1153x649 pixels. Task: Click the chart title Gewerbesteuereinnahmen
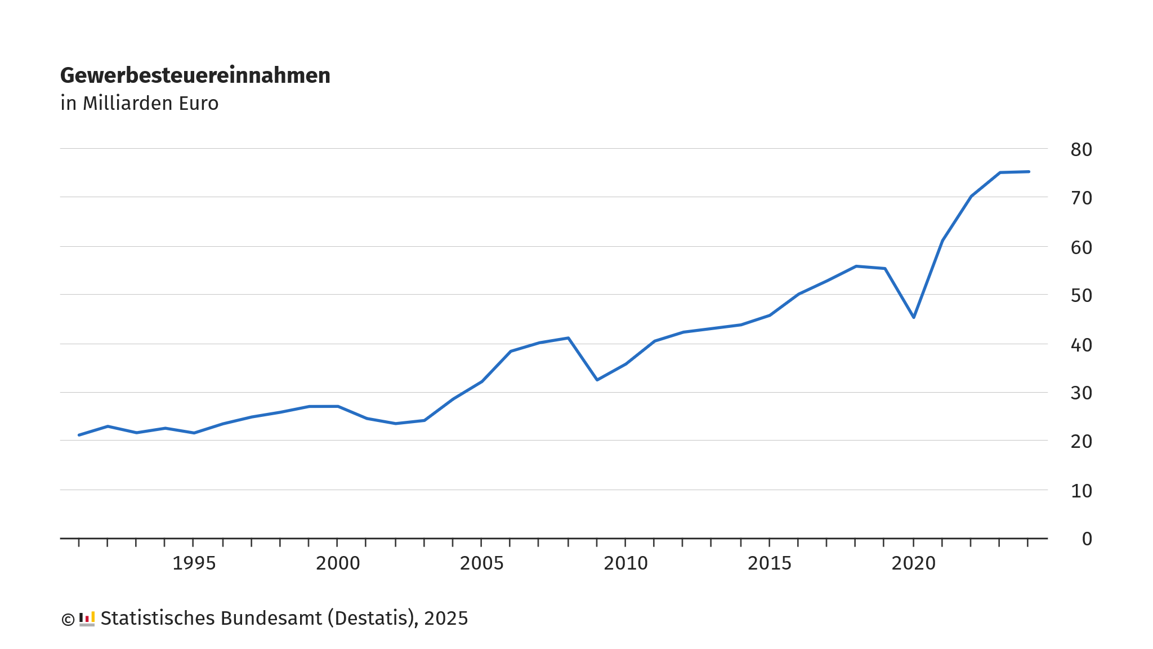click(195, 75)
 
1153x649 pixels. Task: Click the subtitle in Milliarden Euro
click(139, 104)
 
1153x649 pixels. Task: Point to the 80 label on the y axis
click(1081, 150)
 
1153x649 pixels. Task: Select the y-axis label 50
click(1081, 296)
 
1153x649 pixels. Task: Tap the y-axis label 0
click(1087, 539)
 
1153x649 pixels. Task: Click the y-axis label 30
click(1081, 393)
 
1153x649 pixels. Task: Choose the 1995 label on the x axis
click(194, 563)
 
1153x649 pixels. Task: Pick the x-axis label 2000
click(338, 563)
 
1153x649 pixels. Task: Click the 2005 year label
click(481, 563)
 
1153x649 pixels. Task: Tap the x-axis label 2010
click(625, 563)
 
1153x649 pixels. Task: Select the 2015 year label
click(769, 563)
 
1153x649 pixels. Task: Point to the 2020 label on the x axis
click(913, 563)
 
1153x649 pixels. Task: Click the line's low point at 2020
click(914, 317)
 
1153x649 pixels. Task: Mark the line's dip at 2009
click(597, 380)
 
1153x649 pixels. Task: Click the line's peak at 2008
click(569, 338)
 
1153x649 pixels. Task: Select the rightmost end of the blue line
click(1029, 171)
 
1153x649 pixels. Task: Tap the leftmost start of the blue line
click(79, 435)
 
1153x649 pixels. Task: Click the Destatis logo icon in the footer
click(87, 619)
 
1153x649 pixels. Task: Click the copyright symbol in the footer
click(68, 620)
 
